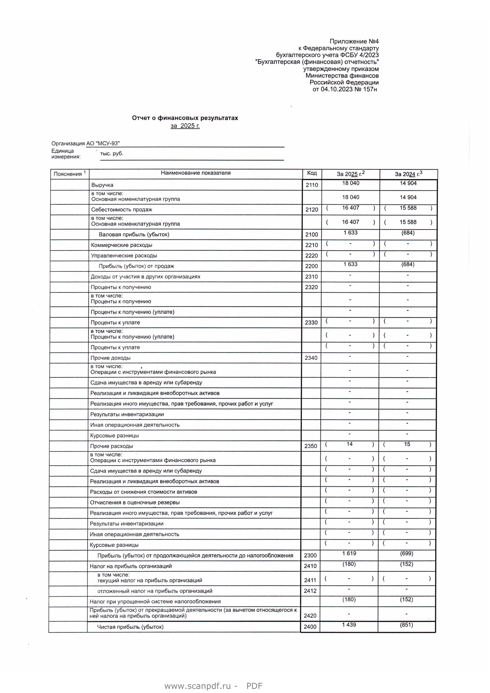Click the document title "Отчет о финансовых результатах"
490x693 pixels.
pos(185,118)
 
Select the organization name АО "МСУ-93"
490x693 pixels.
pos(103,144)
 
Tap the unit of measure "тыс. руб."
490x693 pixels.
pos(112,154)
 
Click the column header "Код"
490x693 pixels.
pos(312,173)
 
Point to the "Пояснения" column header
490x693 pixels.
pos(68,174)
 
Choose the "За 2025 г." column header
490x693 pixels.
pos(350,174)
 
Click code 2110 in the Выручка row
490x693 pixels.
pos(312,185)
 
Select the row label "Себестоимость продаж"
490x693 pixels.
pos(122,209)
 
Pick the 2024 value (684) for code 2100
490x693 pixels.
pos(408,233)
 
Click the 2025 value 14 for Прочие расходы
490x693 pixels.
pos(349,444)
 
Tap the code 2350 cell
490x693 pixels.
pos(311,446)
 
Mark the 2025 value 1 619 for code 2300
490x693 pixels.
pos(349,553)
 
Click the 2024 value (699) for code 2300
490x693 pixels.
pos(407,553)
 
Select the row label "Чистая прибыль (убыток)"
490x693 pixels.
pos(130,627)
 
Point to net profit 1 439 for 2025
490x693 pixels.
pos(349,625)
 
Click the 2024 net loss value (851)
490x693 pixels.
pos(406,625)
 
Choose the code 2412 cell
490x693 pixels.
pos(310,591)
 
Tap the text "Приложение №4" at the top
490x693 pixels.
pos(354,41)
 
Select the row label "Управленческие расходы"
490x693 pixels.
pos(124,256)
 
